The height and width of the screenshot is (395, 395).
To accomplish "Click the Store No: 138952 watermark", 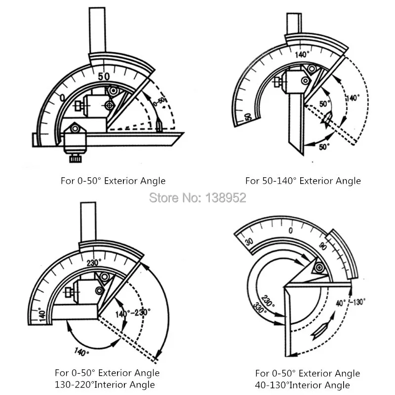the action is pos(197,197).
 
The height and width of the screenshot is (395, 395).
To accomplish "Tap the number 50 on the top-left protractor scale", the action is pos(104,77).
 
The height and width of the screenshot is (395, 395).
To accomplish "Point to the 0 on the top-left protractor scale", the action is pos(62,98).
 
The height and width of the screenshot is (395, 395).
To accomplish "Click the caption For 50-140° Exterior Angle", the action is pos(303,181).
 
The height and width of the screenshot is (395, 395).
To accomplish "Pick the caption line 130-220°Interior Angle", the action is pos(105,385).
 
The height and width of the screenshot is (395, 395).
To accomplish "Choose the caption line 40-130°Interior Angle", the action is pos(302,385).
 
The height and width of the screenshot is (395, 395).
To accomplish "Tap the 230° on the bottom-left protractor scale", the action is pos(94,263).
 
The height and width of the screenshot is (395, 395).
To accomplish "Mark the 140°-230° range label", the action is pos(133,313).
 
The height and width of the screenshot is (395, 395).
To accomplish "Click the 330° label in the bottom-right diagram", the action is pos(260,308).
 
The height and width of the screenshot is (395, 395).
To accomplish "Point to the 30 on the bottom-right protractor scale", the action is pos(249,242).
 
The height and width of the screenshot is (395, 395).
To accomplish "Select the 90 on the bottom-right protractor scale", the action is pos(323,246).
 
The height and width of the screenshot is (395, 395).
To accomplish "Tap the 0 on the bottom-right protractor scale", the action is pos(291,231).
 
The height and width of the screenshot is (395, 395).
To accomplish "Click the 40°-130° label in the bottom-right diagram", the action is pos(351,302).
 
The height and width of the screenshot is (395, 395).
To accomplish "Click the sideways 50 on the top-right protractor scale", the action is pos(248,117).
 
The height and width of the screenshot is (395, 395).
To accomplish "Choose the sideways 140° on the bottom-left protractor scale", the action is pos(42,314).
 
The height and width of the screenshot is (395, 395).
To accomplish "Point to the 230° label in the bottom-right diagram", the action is pos(268,301).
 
